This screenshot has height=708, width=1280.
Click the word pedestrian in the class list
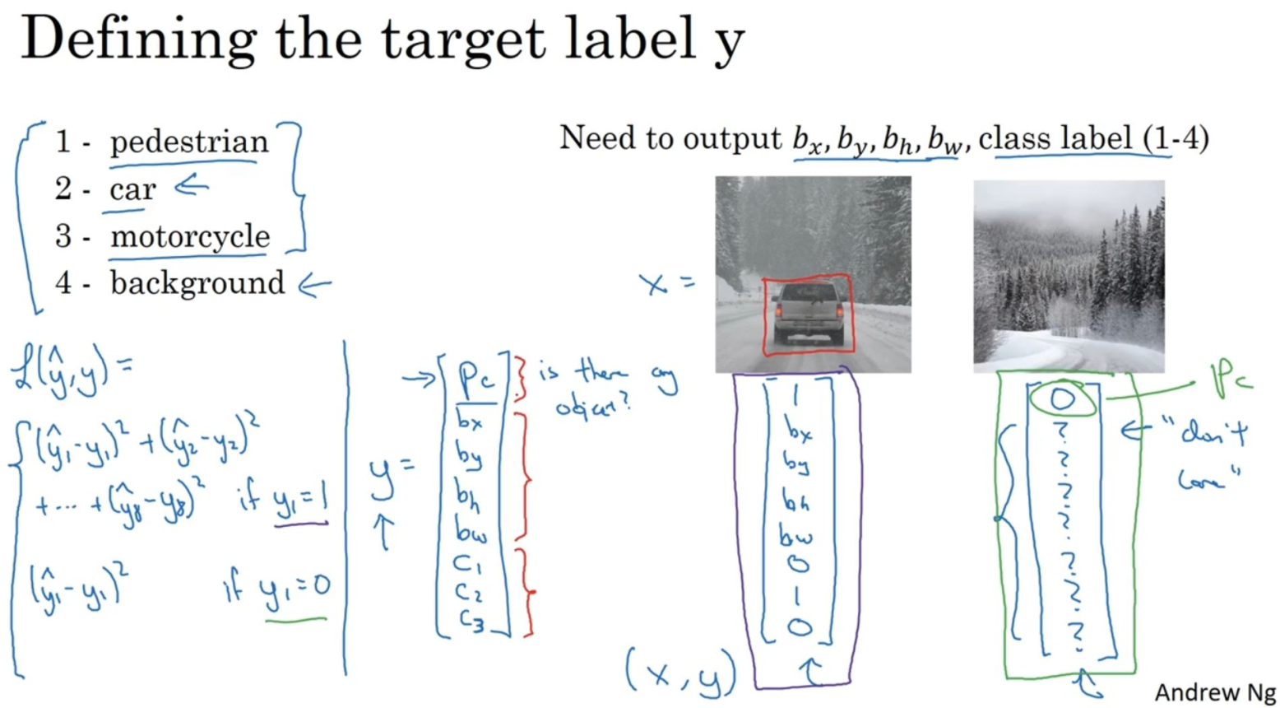[188, 142]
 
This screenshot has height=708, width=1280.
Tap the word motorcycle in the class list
[190, 236]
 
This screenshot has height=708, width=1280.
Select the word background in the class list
[197, 283]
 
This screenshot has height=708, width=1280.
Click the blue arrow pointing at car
[191, 187]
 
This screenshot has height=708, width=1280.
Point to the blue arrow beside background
[314, 286]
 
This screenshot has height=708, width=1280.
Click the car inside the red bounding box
[808, 313]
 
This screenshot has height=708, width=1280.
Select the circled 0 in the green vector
[1061, 399]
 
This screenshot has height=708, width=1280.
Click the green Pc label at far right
[1230, 378]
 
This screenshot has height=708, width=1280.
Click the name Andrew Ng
[1213, 692]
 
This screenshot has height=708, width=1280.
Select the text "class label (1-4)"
[1093, 137]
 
